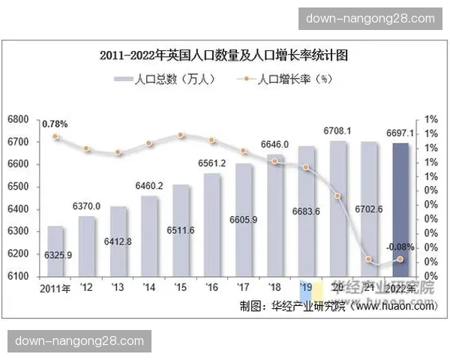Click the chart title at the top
coord(224,55)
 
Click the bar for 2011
coord(55,250)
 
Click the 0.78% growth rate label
coord(55,123)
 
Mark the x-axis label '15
coord(180,288)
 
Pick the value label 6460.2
coord(148,184)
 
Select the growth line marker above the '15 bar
coord(181,135)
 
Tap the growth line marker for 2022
coord(400,259)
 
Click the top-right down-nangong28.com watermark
coord(370,18)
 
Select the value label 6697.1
coord(401,133)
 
